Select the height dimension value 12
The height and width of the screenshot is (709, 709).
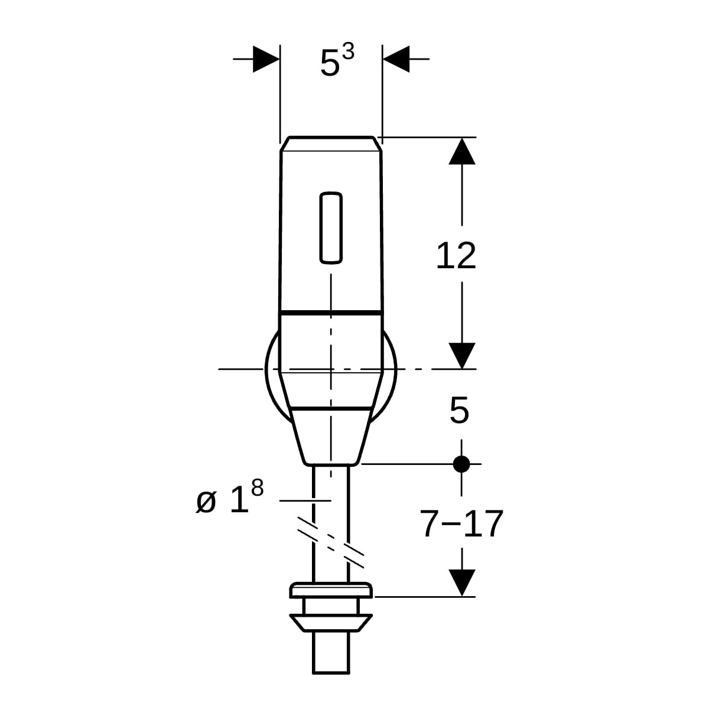(x=456, y=256)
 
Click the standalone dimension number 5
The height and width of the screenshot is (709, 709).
(x=459, y=410)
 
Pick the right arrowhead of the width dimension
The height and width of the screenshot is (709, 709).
(x=396, y=59)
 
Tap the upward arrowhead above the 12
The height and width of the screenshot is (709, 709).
(x=462, y=151)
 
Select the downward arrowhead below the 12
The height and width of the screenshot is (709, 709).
(x=462, y=356)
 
